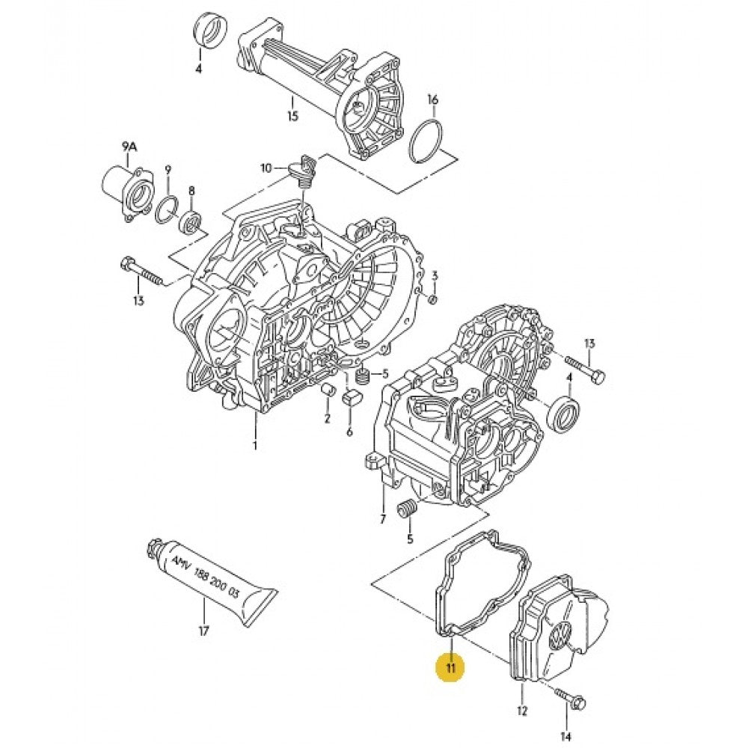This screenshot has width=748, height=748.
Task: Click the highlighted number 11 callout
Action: pyautogui.click(x=450, y=667)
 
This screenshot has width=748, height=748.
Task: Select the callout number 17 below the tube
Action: pyautogui.click(x=203, y=631)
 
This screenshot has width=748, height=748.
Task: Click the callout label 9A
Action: pyautogui.click(x=129, y=147)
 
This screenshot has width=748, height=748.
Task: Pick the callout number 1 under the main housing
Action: pyautogui.click(x=254, y=446)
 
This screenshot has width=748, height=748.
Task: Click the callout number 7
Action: pyautogui.click(x=381, y=518)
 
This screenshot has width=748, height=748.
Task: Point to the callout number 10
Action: pyautogui.click(x=266, y=168)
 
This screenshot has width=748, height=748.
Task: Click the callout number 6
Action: pyautogui.click(x=349, y=432)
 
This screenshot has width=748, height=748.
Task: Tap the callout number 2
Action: pyautogui.click(x=327, y=418)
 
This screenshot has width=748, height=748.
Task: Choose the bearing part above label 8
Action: pyautogui.click(x=192, y=221)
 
